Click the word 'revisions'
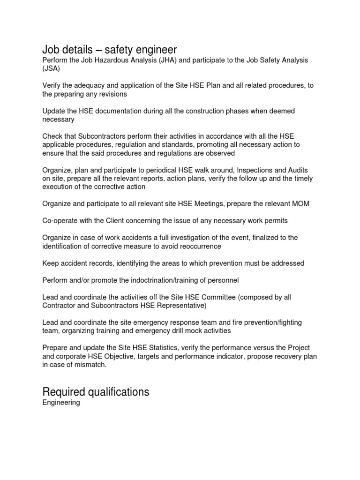(112, 94)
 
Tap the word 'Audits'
(296, 170)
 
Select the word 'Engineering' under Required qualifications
(61, 403)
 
